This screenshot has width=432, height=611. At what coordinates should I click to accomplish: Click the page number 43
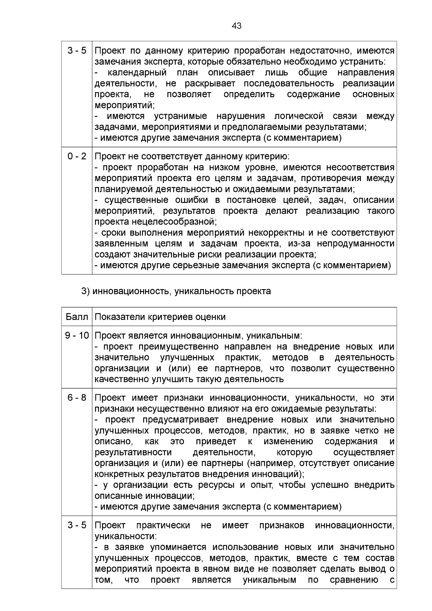click(237, 26)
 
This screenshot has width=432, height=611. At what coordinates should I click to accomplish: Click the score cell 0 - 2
click(77, 156)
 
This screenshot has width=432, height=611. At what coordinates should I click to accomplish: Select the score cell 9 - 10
click(77, 336)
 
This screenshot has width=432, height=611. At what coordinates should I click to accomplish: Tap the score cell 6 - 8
click(77, 398)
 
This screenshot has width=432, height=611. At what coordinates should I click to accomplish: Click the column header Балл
click(77, 317)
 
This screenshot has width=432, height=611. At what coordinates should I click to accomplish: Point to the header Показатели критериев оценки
click(160, 317)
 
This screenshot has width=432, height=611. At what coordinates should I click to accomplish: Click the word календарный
click(137, 73)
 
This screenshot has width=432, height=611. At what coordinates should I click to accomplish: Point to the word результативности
click(133, 452)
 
